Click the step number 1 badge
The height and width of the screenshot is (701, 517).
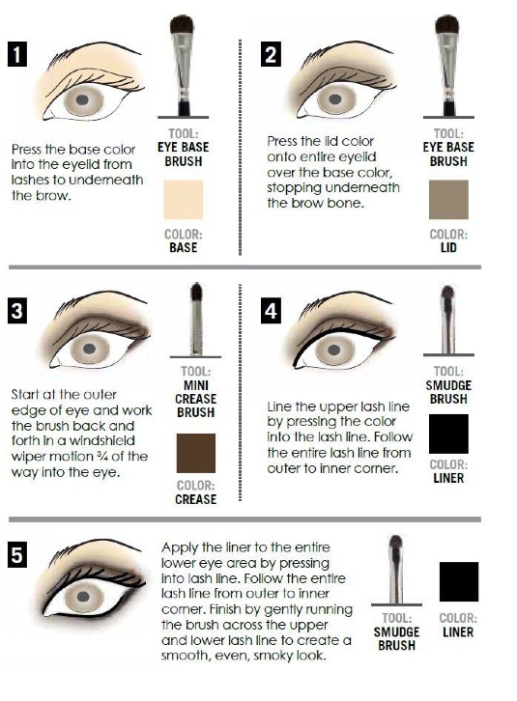(x=17, y=54)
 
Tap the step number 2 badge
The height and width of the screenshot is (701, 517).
(x=271, y=54)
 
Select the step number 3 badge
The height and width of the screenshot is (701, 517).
(x=17, y=310)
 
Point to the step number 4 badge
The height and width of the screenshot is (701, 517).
(x=271, y=310)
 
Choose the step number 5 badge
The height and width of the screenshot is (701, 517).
(x=17, y=555)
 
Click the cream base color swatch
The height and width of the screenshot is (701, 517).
(x=183, y=200)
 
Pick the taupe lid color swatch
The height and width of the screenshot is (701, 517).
(x=448, y=200)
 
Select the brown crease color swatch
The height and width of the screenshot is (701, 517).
(x=195, y=453)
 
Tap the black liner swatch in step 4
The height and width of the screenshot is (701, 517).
(x=448, y=434)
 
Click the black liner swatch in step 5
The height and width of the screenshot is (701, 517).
(x=459, y=581)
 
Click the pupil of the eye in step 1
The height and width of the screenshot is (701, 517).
(x=82, y=100)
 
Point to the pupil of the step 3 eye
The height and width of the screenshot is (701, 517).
(x=90, y=349)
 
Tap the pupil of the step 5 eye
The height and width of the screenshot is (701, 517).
(x=84, y=596)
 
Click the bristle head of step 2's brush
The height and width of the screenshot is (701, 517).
(x=447, y=24)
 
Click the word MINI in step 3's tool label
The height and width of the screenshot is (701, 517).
(x=196, y=385)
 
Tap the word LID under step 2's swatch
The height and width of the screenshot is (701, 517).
(x=448, y=248)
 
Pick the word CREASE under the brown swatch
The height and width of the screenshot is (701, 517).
(x=195, y=499)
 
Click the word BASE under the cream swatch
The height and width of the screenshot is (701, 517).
(x=183, y=248)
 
